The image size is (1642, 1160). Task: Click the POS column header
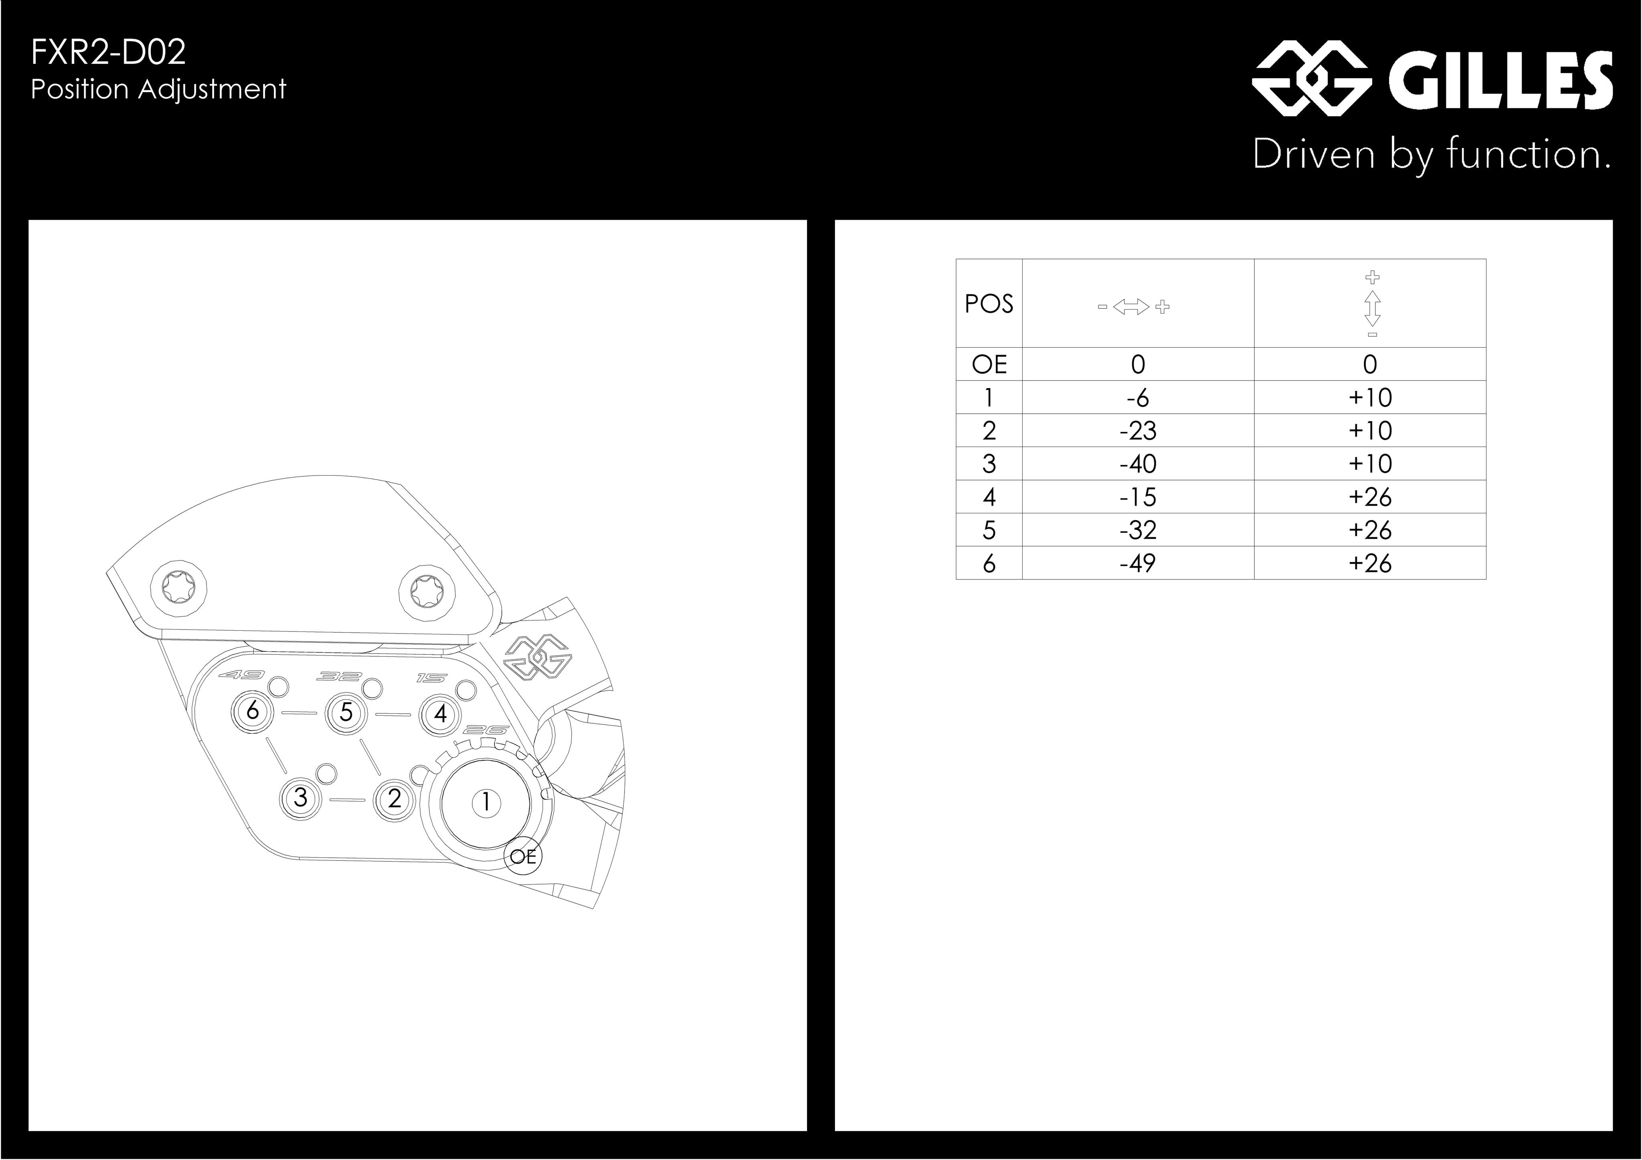989,304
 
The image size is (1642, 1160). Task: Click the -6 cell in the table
1137,398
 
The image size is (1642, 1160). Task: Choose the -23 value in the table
1137,431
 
